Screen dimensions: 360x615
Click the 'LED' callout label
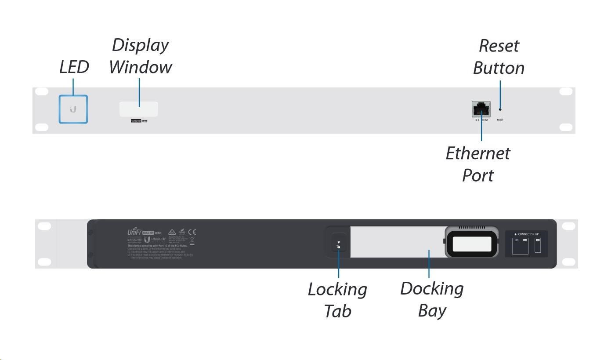[74, 67]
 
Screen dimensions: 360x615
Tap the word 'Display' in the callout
[140, 45]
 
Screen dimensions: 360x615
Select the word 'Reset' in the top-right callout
[499, 46]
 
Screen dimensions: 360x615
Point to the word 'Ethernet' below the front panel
[478, 153]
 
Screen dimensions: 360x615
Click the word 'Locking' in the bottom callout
[337, 290]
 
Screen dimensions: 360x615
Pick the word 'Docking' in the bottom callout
[432, 289]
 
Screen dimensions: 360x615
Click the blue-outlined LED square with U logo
[73, 109]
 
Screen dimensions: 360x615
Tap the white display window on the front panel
[139, 109]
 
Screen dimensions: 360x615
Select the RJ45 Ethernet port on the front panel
[481, 109]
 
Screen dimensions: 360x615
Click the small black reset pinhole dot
[500, 109]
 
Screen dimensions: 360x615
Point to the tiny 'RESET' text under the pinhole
[500, 120]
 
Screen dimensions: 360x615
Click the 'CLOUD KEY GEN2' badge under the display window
[139, 120]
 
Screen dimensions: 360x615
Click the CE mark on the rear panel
[192, 232]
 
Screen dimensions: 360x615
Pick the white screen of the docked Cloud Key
[472, 244]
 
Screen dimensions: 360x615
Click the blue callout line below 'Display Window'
[139, 92]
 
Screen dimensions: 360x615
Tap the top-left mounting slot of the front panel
[41, 91]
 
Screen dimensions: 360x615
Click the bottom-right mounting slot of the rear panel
[568, 262]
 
